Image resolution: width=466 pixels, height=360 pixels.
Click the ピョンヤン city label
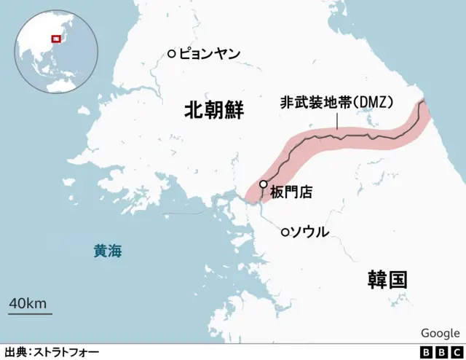pyautogui.click(x=209, y=53)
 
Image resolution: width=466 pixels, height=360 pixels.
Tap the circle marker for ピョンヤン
pyautogui.click(x=171, y=53)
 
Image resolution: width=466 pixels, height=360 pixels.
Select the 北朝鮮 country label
pyautogui.click(x=213, y=111)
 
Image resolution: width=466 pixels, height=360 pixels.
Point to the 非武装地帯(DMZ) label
pyautogui.click(x=336, y=103)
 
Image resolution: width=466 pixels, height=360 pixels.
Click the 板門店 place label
pyautogui.click(x=291, y=193)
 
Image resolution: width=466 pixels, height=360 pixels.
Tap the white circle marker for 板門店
pyautogui.click(x=263, y=184)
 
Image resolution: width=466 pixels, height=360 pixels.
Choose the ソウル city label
pyautogui.click(x=309, y=232)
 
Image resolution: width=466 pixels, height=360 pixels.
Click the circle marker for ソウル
pyautogui.click(x=285, y=232)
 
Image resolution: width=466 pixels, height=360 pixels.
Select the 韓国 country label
pyautogui.click(x=387, y=279)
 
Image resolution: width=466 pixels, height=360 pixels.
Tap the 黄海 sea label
pyautogui.click(x=108, y=252)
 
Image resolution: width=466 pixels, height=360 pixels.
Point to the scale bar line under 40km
pyautogui.click(x=30, y=314)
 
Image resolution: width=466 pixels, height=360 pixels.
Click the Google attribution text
pyautogui.click(x=440, y=333)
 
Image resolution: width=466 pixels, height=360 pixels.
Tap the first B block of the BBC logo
pyautogui.click(x=426, y=352)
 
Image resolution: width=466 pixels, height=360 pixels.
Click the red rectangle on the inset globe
pyautogui.click(x=54, y=39)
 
